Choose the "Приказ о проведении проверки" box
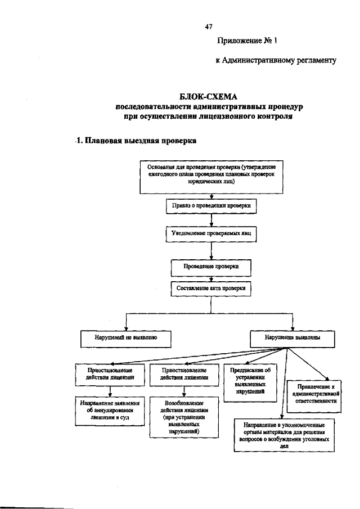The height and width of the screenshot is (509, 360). click(211, 207)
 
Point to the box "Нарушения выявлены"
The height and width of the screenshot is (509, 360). click(292, 338)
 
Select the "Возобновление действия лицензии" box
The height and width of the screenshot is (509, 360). click(184, 417)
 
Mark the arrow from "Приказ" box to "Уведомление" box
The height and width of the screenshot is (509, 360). click(211, 220)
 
